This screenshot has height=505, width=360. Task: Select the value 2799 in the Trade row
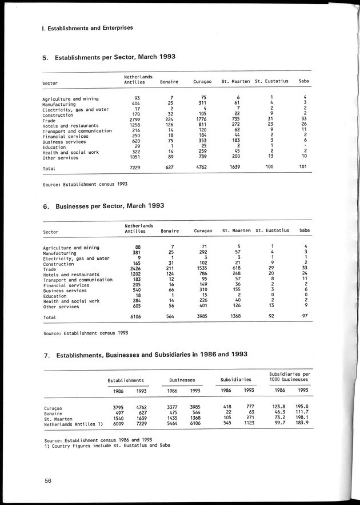[135, 119]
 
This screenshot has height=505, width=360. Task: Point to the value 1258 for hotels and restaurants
[135, 125]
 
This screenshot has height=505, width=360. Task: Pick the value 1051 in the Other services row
[135, 157]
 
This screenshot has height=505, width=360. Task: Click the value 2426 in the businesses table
[135, 269]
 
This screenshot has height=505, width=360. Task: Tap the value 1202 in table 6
[135, 274]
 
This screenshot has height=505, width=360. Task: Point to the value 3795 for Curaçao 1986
[115, 408]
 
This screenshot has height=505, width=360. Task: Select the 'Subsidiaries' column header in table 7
[236, 379]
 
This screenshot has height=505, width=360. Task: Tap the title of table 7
[145, 355]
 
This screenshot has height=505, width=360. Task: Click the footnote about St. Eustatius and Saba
[107, 445]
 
